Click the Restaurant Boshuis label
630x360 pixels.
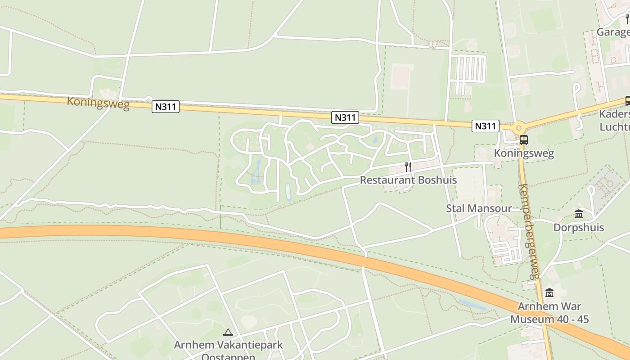[408, 180]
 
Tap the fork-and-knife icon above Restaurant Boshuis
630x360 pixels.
[408, 167]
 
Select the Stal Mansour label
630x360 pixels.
[479, 208]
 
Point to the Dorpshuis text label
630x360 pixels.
[579, 227]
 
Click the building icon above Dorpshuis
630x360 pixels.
[579, 214]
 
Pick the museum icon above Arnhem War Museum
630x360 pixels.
[549, 293]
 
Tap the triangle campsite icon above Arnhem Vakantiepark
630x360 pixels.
[228, 333]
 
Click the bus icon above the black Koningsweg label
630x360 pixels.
[523, 139]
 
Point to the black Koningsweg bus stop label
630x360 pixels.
[524, 153]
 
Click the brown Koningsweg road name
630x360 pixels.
[98, 103]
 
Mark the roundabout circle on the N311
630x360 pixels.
[518, 127]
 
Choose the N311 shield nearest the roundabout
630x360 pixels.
[486, 126]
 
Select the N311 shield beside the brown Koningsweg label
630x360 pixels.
[166, 107]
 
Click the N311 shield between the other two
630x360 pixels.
[345, 117]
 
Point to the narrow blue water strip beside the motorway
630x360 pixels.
[472, 305]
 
